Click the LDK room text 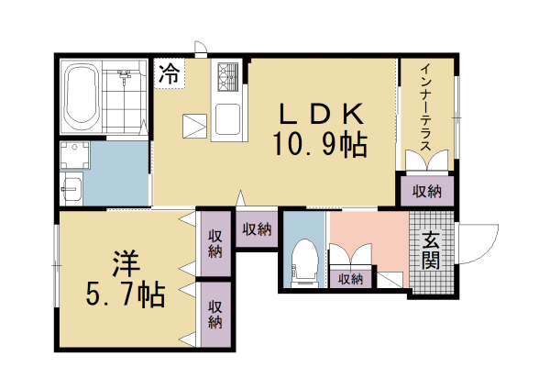[x=322, y=114]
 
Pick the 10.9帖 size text [x=320, y=143]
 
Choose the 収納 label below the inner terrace [x=426, y=192]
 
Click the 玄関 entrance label [x=431, y=250]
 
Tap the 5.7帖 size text [x=126, y=295]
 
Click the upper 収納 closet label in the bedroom [x=215, y=243]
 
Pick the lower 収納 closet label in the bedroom [x=215, y=314]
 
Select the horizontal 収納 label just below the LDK [x=258, y=229]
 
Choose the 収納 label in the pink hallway [x=351, y=279]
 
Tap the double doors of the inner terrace [x=426, y=160]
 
